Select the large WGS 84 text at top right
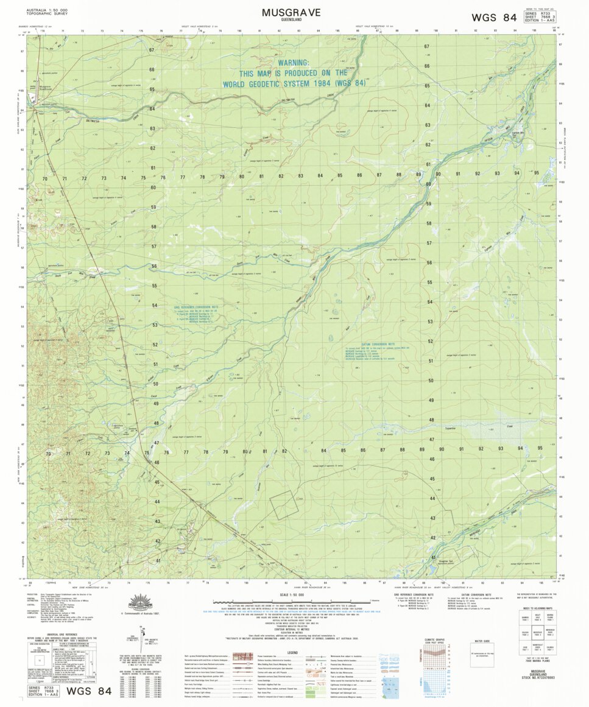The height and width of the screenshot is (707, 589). click(x=494, y=18)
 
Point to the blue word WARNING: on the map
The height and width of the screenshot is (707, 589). click(x=294, y=63)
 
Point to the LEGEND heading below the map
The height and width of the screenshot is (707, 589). click(x=293, y=652)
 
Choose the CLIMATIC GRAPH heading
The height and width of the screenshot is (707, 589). click(x=434, y=640)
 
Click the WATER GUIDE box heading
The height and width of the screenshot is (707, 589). click(x=482, y=641)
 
